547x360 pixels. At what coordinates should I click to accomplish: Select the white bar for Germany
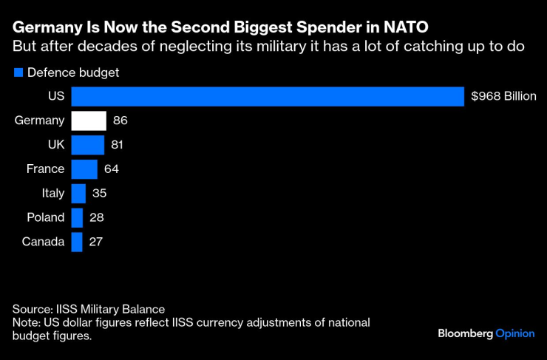(x=89, y=121)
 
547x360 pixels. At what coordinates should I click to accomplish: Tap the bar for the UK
(x=87, y=145)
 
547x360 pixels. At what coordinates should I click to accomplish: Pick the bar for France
(x=84, y=169)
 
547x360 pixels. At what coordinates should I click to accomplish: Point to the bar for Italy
(x=78, y=194)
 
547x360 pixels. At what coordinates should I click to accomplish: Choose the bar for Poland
(x=77, y=217)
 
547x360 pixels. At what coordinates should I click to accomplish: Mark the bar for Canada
(x=77, y=242)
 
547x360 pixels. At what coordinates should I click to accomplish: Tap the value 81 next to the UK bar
(x=118, y=145)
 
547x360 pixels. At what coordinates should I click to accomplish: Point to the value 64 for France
(x=112, y=169)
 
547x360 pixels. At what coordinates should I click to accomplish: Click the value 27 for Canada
(x=96, y=242)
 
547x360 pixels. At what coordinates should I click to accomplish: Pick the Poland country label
(x=44, y=217)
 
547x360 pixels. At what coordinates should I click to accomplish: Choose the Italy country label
(x=53, y=194)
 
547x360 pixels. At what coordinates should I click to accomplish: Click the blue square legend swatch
(x=18, y=73)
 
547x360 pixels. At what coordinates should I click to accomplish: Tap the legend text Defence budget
(x=73, y=73)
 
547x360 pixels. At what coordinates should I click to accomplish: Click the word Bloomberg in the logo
(x=465, y=333)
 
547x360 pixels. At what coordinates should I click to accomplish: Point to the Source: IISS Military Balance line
(x=89, y=309)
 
